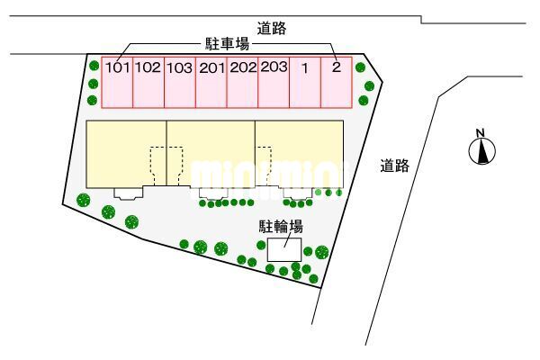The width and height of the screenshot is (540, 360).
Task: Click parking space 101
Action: [117, 83]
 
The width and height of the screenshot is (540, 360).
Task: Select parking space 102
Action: [148, 83]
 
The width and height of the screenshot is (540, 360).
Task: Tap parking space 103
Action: [180, 83]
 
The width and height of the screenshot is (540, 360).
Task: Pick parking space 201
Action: [211, 83]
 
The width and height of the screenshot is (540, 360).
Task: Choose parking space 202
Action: [242, 83]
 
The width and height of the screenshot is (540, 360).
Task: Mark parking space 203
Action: [274, 83]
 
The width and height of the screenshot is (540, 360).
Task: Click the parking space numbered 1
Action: [305, 83]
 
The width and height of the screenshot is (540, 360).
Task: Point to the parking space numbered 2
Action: [337, 83]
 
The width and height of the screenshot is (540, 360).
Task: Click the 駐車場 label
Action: [227, 44]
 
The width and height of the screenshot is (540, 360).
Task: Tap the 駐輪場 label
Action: [281, 227]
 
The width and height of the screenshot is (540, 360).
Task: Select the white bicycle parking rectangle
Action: [284, 249]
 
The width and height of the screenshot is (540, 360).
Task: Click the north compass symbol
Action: [482, 151]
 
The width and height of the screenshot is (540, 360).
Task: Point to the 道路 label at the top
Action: [272, 28]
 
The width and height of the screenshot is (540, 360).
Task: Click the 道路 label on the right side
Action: [395, 166]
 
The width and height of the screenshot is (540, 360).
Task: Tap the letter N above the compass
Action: [481, 132]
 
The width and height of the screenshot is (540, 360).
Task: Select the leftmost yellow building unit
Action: [126, 154]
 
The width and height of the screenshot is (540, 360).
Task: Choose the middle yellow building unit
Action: [211, 154]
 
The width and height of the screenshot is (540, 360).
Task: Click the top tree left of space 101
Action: [94, 66]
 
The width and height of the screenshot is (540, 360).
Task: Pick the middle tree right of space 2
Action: [369, 85]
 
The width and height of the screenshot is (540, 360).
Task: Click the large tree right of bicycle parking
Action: [321, 252]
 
